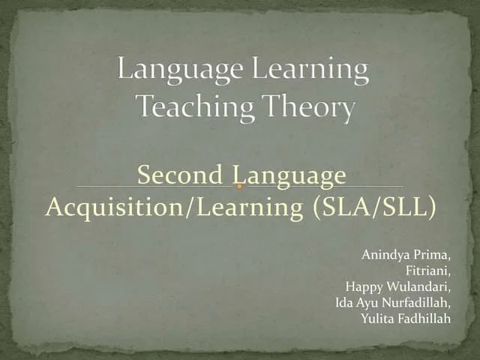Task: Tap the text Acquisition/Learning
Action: coord(173,206)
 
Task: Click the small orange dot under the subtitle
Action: coord(239,186)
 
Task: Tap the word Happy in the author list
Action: coord(362,286)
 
